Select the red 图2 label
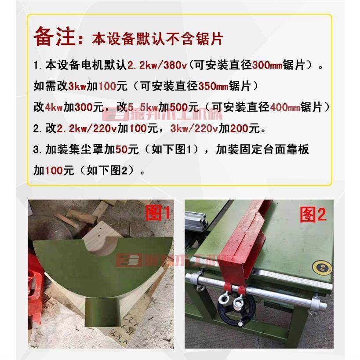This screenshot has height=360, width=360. (x=313, y=215)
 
